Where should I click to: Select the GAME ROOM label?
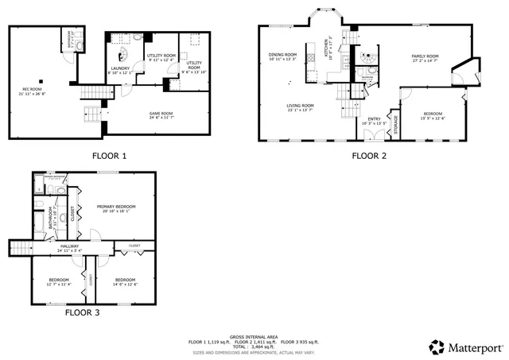coord(161,114)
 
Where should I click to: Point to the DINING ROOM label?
coord(282,55)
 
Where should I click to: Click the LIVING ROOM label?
coord(301,106)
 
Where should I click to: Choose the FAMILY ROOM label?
coord(425,56)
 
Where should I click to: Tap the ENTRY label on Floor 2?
coord(374,119)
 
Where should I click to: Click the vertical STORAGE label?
coord(395,125)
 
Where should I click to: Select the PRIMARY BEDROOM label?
coord(113,207)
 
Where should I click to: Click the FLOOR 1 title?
coord(110,156)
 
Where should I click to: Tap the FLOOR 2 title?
coord(369,156)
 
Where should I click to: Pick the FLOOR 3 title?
coord(83,312)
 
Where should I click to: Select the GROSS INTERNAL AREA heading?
coord(254,337)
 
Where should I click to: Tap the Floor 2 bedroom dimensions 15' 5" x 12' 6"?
coord(433,118)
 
